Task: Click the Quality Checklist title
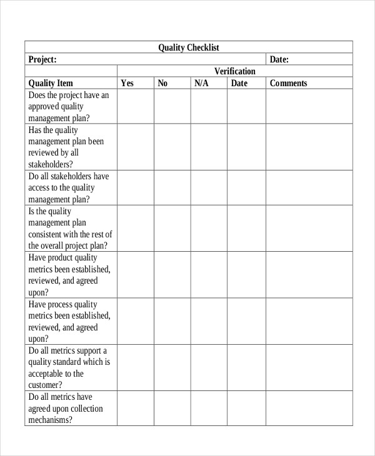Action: [x=188, y=47]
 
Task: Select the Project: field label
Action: [x=42, y=59]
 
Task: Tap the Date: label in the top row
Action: [x=279, y=59]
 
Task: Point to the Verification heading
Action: [x=235, y=71]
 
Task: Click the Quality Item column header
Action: [x=51, y=83]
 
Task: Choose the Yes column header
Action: [x=127, y=83]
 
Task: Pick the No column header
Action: [x=162, y=83]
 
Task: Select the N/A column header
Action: [x=201, y=83]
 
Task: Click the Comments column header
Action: [x=289, y=83]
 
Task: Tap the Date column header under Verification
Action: [x=239, y=83]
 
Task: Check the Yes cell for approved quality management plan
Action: [x=136, y=106]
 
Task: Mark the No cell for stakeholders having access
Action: [x=172, y=188]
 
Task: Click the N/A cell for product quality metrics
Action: [x=209, y=275]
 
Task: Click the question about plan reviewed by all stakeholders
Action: [x=66, y=147]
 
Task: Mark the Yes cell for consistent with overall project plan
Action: [x=136, y=229]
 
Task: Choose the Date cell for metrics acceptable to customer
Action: [x=246, y=367]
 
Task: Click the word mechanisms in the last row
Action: [x=50, y=420]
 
